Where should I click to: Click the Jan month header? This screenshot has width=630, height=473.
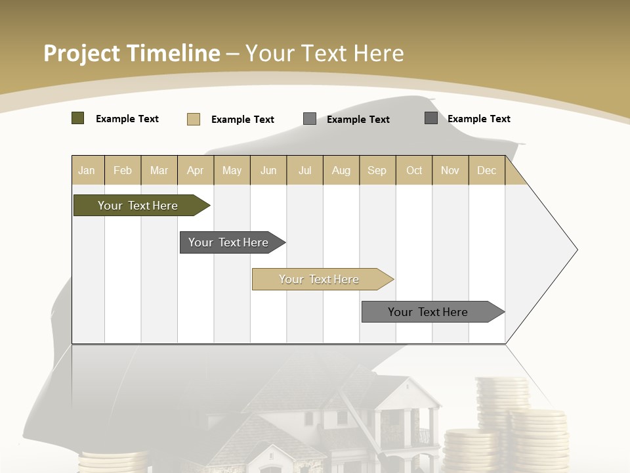87,170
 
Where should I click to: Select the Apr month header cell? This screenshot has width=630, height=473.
196,170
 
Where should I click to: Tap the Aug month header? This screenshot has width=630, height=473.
341,170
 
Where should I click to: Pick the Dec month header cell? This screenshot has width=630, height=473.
486,170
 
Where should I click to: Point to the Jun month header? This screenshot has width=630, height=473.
268,170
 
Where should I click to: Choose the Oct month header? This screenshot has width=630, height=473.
414,170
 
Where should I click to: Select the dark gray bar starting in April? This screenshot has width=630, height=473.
230,242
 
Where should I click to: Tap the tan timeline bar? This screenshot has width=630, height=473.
320,279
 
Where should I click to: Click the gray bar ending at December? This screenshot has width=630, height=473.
430,312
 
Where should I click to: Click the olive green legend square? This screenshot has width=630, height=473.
77,118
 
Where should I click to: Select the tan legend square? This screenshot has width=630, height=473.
194,119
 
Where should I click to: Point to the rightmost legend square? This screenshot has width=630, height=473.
431,118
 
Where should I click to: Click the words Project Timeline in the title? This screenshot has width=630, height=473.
132,53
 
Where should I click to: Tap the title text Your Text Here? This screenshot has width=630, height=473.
325,53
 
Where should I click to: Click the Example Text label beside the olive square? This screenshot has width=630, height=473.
127,119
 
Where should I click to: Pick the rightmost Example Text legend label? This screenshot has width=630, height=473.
479,119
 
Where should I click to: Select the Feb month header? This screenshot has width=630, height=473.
123,170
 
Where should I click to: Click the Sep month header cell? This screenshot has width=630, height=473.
377,170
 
